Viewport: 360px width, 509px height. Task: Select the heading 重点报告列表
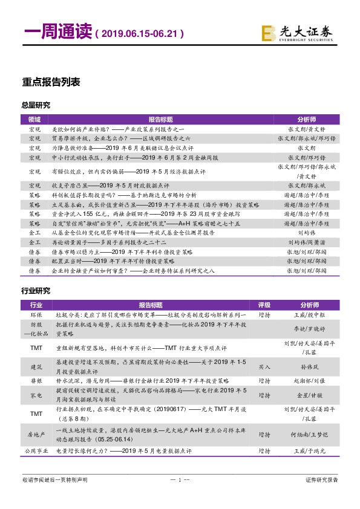(51, 82)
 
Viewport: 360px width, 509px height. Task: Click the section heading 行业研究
(36, 291)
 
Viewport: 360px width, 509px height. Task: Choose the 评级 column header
(264, 305)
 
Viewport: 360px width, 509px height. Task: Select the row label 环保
(36, 315)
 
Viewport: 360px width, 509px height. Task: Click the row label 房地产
(36, 434)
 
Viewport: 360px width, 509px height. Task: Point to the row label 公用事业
(36, 451)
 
